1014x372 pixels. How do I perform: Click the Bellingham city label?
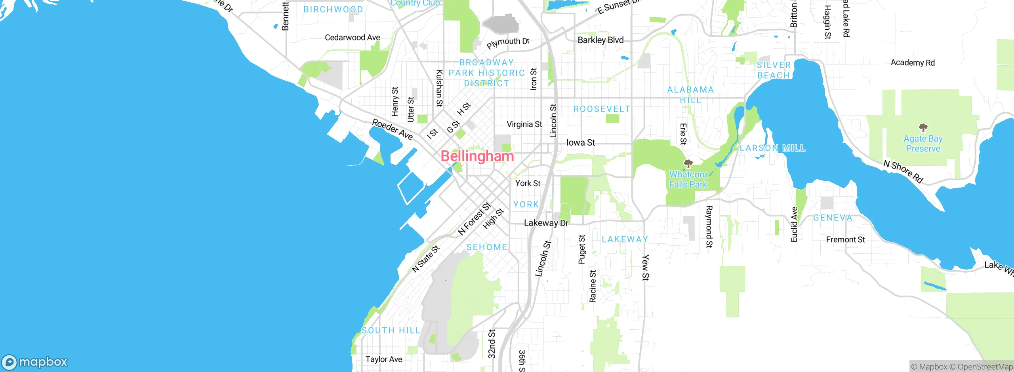pyautogui.click(x=477, y=156)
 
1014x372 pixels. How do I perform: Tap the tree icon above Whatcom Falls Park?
pyautogui.click(x=688, y=163)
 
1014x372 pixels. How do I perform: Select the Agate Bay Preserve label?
pyautogui.click(x=923, y=144)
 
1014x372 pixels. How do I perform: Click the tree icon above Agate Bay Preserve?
pyautogui.click(x=923, y=127)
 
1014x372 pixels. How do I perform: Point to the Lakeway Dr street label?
pyautogui.click(x=546, y=223)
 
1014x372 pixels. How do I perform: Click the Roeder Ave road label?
pyautogui.click(x=392, y=129)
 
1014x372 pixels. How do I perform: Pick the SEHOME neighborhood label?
pyautogui.click(x=486, y=247)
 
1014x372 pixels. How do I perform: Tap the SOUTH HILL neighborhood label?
pyautogui.click(x=391, y=330)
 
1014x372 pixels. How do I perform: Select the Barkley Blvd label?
pyautogui.click(x=600, y=40)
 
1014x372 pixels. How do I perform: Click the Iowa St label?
pyautogui.click(x=581, y=142)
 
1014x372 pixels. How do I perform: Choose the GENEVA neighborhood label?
pyautogui.click(x=833, y=218)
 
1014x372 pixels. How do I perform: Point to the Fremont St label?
pyautogui.click(x=845, y=240)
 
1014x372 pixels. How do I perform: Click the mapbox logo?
pyautogui.click(x=35, y=362)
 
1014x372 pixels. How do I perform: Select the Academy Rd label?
pyautogui.click(x=913, y=63)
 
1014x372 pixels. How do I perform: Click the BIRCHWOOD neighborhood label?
pyautogui.click(x=333, y=9)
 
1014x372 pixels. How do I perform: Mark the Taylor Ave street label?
pyautogui.click(x=383, y=359)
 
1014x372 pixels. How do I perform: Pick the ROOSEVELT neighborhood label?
pyautogui.click(x=602, y=109)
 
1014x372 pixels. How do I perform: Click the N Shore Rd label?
pyautogui.click(x=903, y=171)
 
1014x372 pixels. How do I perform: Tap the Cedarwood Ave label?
pyautogui.click(x=352, y=38)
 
